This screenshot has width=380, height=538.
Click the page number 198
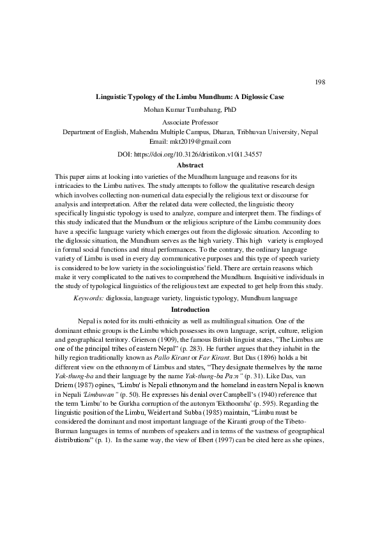pos(321,82)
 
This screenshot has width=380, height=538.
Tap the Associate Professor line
pos(190,122)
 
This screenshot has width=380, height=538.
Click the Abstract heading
pos(190,165)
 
